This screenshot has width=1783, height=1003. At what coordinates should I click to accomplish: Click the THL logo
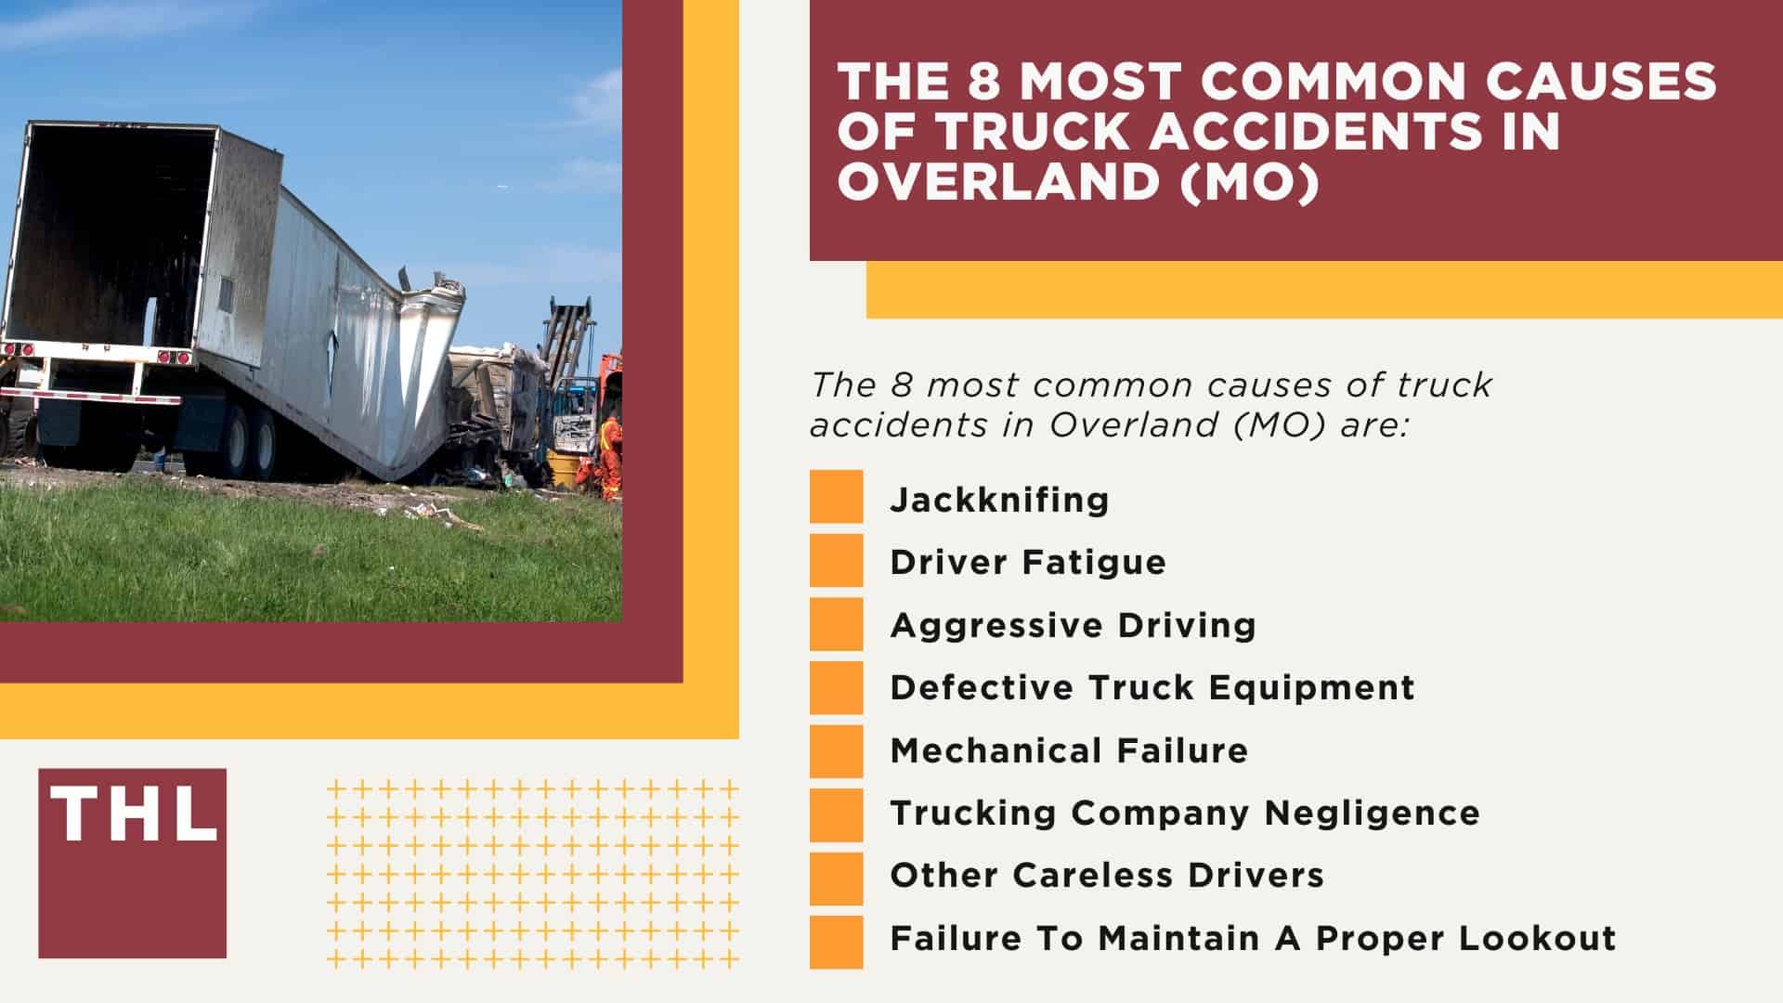[x=132, y=863]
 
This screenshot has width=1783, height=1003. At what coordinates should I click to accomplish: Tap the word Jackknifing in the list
[x=999, y=500]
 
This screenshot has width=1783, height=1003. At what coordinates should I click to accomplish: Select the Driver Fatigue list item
[x=1027, y=562]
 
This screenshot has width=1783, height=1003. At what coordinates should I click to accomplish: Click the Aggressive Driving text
[x=1073, y=625]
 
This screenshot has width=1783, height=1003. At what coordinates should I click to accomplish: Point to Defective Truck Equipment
[x=1152, y=687]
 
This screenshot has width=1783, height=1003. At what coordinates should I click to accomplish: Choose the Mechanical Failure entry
[x=1069, y=750]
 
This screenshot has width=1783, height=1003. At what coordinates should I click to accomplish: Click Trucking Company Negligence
[x=1184, y=813]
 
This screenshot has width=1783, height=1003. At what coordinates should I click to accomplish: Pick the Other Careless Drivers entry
[x=1106, y=875]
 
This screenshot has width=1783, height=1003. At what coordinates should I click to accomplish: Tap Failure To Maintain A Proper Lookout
[x=1253, y=938]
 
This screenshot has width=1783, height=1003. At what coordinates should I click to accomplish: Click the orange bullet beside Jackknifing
[x=836, y=497]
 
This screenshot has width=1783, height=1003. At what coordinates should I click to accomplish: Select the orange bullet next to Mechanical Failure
[x=836, y=750]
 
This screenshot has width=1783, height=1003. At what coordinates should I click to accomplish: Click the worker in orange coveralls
[x=609, y=456]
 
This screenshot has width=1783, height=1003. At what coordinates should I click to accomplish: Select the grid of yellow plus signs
[x=533, y=874]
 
